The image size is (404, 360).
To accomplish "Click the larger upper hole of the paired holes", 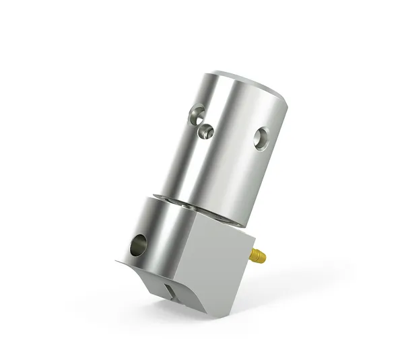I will tap(196, 115).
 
